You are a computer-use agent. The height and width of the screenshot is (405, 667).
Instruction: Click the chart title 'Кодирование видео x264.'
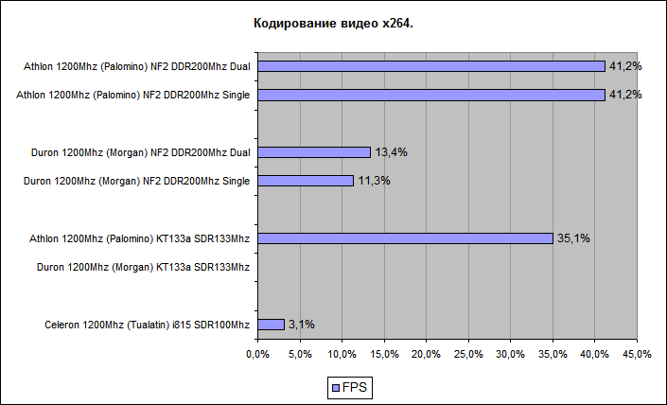click(333, 22)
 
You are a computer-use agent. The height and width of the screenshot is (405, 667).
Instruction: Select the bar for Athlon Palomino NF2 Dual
click(430, 66)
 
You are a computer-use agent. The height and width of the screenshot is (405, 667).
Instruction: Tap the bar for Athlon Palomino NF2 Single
click(430, 95)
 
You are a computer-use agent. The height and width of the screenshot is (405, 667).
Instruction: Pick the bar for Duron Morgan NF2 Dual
click(313, 152)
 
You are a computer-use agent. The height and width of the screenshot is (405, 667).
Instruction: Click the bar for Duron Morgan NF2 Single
click(305, 181)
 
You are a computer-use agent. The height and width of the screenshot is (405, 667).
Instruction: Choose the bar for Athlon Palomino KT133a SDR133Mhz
click(405, 238)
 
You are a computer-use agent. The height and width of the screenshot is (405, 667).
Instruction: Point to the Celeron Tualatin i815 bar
click(271, 325)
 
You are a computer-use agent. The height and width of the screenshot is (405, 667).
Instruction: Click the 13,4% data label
click(391, 152)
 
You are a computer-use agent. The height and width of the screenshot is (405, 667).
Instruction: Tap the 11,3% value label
click(374, 181)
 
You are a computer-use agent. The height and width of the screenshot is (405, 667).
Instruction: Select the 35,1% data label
click(573, 238)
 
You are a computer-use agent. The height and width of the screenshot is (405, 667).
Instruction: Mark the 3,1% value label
click(302, 325)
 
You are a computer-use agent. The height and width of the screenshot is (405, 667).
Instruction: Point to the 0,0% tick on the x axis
click(257, 354)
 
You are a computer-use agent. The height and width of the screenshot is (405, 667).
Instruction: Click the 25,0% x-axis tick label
click(468, 354)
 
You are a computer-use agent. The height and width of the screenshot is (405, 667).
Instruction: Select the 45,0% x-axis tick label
click(637, 354)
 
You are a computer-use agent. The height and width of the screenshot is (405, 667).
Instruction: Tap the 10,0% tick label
click(342, 354)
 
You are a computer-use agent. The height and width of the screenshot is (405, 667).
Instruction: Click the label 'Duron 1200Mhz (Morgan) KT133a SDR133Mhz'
click(143, 268)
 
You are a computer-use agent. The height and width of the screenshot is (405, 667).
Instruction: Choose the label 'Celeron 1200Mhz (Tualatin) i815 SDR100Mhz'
click(148, 326)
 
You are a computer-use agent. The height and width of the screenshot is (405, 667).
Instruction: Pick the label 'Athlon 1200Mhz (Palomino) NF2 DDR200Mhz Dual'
click(137, 67)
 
